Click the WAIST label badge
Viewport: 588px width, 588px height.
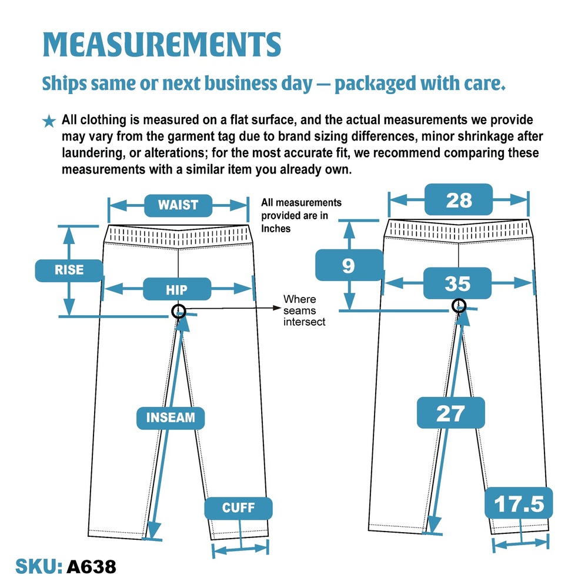(178, 205)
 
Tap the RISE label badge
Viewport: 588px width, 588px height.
(69, 270)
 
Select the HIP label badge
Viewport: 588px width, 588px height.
(176, 289)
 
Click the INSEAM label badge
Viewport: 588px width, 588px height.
(171, 417)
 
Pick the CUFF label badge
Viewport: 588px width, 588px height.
(239, 508)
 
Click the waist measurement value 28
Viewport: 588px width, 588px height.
(459, 199)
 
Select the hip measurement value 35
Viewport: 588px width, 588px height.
(457, 283)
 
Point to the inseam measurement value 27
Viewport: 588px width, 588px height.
(451, 413)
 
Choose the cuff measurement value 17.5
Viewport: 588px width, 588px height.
(519, 503)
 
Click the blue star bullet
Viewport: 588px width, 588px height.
(49, 121)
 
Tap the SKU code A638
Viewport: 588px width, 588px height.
(92, 566)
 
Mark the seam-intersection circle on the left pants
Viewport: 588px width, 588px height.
(179, 311)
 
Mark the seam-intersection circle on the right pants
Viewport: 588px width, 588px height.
(459, 306)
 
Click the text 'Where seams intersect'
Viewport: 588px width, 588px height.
(304, 310)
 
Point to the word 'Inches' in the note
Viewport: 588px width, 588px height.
(276, 229)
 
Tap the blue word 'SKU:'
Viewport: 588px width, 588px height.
(39, 566)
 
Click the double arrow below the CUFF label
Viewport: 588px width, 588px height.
(240, 549)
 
